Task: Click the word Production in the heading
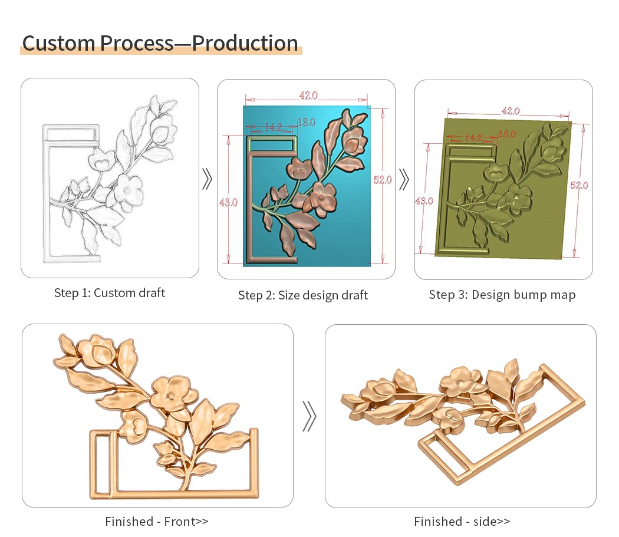tap(245, 43)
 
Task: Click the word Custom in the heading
tap(58, 43)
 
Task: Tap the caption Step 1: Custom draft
tap(109, 293)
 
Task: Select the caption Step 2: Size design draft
tap(303, 295)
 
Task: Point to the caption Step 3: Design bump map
tap(502, 295)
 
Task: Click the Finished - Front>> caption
tap(157, 522)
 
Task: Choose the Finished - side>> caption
tap(462, 522)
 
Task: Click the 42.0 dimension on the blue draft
tap(308, 95)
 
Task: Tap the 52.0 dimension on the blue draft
tap(383, 180)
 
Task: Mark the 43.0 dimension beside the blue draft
tap(228, 203)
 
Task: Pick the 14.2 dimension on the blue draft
tap(273, 127)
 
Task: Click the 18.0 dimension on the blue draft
tap(307, 123)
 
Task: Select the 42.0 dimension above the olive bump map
tap(511, 111)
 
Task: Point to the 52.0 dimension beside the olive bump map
tap(579, 185)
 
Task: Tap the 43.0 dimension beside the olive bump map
tap(424, 201)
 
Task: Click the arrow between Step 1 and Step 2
tap(207, 179)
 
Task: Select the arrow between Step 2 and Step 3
tap(403, 180)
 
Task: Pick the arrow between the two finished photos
tap(309, 416)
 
